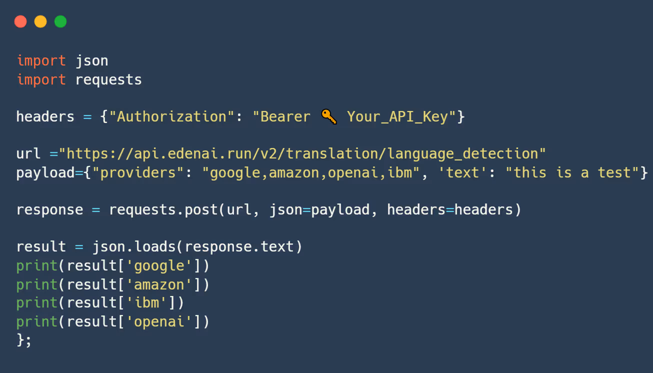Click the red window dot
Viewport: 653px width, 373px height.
pyautogui.click(x=20, y=21)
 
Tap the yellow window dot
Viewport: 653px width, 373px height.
pyautogui.click(x=40, y=21)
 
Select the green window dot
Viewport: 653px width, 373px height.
pyautogui.click(x=60, y=21)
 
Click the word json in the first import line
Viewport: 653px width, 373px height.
pyautogui.click(x=91, y=61)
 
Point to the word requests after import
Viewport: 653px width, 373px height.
pyautogui.click(x=108, y=80)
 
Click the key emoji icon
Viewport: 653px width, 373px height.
pyautogui.click(x=328, y=116)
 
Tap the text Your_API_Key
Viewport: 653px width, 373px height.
pyautogui.click(x=397, y=117)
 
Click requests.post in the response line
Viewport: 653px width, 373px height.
pyautogui.click(x=163, y=209)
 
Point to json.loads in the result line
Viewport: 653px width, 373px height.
pyautogui.click(x=133, y=246)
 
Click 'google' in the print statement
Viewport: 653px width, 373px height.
pyautogui.click(x=159, y=265)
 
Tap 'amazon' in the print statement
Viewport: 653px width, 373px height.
pyautogui.click(x=159, y=284)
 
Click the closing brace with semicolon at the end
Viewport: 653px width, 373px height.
pyautogui.click(x=24, y=340)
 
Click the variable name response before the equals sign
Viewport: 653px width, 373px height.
pyautogui.click(x=49, y=209)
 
